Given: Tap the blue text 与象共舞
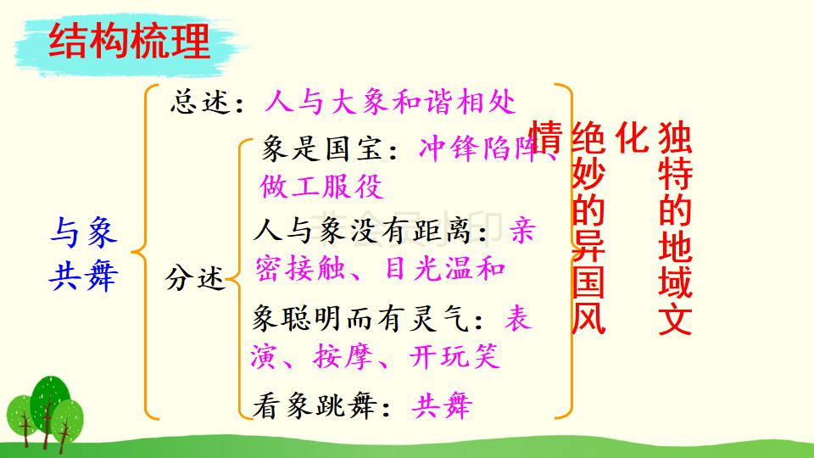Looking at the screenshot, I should coord(83,253).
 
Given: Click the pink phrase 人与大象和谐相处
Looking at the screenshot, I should coord(389,103).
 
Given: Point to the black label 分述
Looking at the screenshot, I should coord(195,276).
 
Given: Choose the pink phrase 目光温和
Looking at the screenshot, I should coord(446,268).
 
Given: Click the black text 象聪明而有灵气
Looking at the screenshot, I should coord(370,319).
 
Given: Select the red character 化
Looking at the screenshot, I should coord(631,136).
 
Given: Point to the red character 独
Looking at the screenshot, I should coord(675,136).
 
